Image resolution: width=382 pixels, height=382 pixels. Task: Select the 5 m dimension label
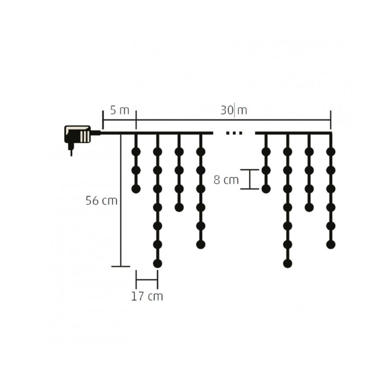[119, 110]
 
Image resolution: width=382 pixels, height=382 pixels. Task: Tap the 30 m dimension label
[234, 110]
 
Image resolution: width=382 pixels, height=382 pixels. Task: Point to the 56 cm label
[101, 201]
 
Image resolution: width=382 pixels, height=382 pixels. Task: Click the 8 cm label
[226, 180]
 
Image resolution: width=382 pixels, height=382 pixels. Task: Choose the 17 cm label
[147, 296]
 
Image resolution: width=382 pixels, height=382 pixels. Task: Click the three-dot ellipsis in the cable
[234, 133]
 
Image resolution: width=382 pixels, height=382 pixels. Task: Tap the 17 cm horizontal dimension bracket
[147, 280]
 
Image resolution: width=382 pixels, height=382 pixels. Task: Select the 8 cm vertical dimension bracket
[250, 179]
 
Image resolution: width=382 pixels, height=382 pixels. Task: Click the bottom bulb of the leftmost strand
[136, 189]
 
